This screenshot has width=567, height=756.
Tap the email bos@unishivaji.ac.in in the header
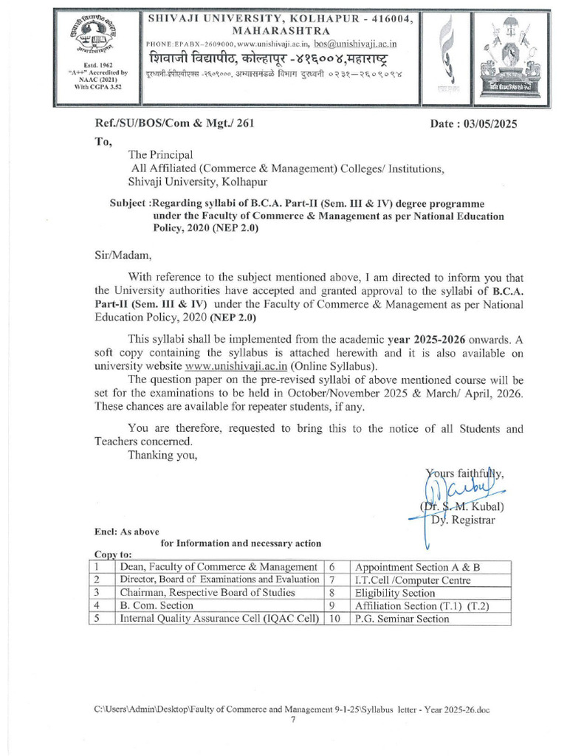[356, 44]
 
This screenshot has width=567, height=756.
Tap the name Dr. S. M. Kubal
[463, 506]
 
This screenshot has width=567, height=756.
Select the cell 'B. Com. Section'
[157, 605]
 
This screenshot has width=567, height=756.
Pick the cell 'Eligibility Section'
[395, 592]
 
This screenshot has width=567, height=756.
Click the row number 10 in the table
[334, 619]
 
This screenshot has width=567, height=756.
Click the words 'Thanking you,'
[162, 454]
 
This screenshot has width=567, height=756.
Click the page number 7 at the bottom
[293, 721]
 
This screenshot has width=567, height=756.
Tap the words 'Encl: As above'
[125, 531]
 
